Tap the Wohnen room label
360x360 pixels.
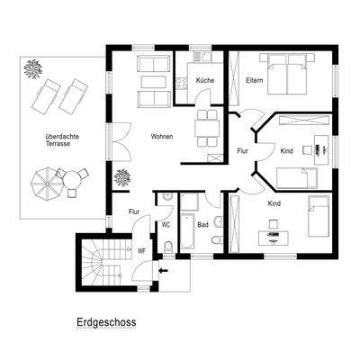162,137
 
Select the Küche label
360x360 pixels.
203,81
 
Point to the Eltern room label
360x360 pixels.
254,81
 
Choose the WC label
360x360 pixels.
166,224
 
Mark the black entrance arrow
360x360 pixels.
162,268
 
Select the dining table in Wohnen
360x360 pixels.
209,127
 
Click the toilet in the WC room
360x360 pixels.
168,247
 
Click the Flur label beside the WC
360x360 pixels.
134,212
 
